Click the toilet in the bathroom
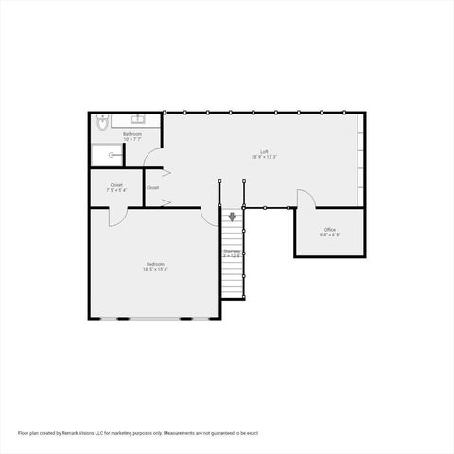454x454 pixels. click(103, 121)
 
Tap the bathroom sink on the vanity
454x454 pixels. click(137, 120)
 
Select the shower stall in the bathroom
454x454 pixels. click(108, 154)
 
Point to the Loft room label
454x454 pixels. click(266, 152)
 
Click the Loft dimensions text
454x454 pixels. click(264, 158)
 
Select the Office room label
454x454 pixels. click(329, 229)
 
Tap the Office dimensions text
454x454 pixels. click(329, 235)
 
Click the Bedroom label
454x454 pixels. click(155, 263)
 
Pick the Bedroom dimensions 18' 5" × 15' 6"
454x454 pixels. click(155, 269)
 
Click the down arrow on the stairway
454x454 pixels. click(232, 217)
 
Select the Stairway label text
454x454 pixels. click(233, 251)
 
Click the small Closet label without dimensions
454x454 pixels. click(152, 187)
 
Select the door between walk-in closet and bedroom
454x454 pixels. click(117, 217)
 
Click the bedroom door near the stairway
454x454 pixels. click(210, 217)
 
